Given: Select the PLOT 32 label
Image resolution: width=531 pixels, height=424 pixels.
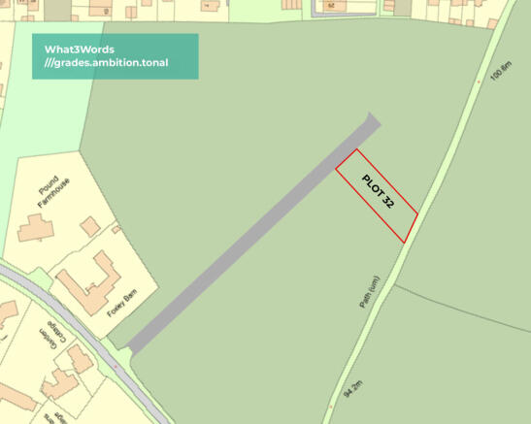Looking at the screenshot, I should coord(378,193).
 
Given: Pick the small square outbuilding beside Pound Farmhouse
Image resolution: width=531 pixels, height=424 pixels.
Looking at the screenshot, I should coord(90,226).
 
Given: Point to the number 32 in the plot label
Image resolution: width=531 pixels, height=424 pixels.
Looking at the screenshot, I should coord(387,203).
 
